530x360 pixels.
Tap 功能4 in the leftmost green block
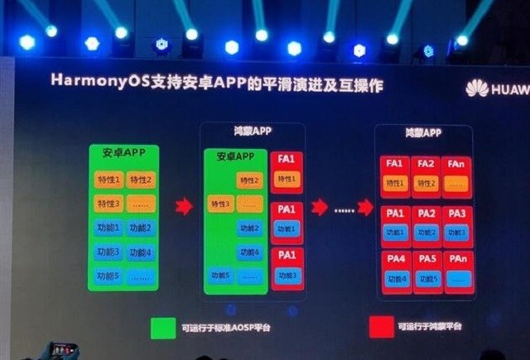coord(141,252)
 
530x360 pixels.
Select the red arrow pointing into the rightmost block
coord(365,207)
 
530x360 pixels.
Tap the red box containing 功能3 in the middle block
coord(287,268)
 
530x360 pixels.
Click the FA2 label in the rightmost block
coord(426,164)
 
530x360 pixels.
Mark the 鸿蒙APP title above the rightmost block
coord(423,132)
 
